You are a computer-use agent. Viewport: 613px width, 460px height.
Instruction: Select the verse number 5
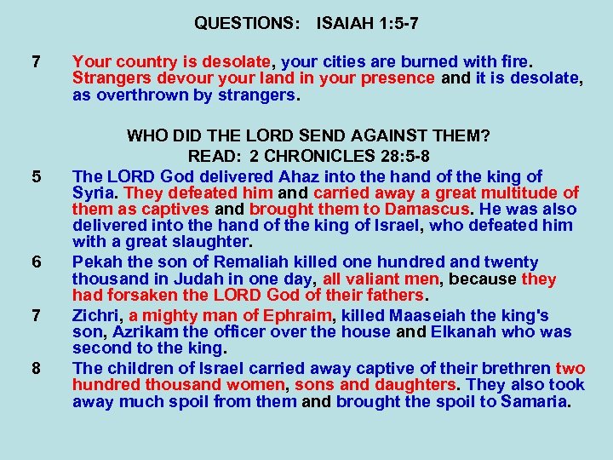[x=36, y=177]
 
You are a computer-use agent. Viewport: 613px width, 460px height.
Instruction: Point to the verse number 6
[x=36, y=262]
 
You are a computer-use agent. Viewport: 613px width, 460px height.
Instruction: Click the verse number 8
[x=36, y=368]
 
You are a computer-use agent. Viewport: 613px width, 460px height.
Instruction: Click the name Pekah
[x=96, y=262]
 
